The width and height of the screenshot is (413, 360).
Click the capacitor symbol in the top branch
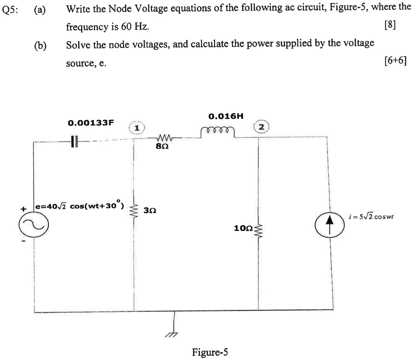tap(75, 141)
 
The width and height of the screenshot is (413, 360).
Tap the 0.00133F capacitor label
tap(91, 123)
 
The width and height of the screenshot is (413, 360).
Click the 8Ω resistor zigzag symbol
tap(164, 138)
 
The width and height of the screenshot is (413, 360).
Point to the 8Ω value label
tap(164, 147)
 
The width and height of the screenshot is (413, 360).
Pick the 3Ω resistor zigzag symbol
tap(135, 210)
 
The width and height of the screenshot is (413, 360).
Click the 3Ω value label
tap(150, 210)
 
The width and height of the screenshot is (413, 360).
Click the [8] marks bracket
tap(389, 26)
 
